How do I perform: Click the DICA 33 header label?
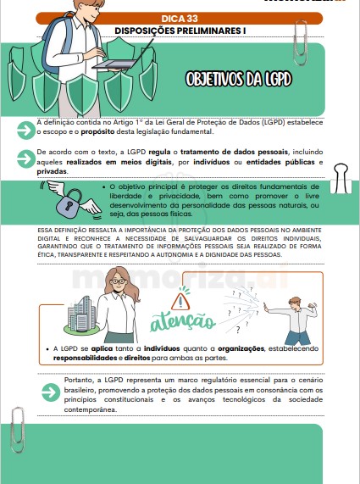coord(179,17)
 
